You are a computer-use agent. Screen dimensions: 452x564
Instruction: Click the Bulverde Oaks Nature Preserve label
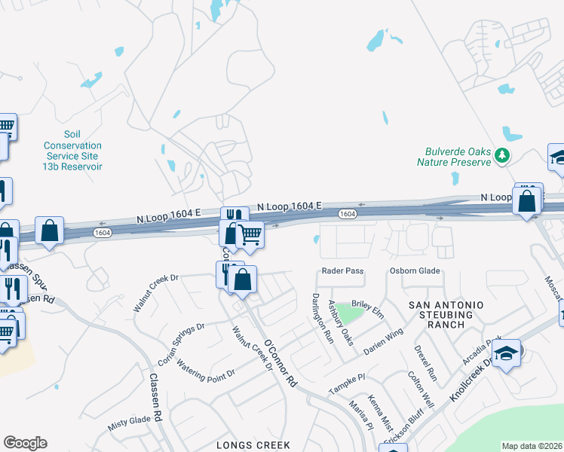pyautogui.click(x=455, y=156)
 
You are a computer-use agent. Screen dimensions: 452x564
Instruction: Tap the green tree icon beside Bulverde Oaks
pyautogui.click(x=502, y=156)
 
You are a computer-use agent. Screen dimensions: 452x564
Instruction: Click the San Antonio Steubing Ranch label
pyautogui.click(x=446, y=314)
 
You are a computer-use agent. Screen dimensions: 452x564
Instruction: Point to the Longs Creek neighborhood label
pyautogui.click(x=253, y=445)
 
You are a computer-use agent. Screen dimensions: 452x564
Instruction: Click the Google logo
pyautogui.click(x=25, y=443)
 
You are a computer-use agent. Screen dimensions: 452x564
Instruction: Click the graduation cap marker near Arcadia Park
pyautogui.click(x=507, y=352)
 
